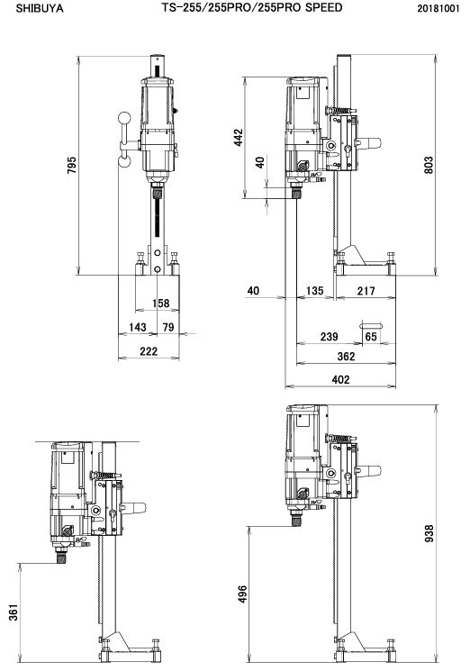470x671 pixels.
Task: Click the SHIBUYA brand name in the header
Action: click(40, 9)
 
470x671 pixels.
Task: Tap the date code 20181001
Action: click(438, 9)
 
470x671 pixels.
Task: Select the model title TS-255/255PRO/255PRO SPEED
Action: click(252, 8)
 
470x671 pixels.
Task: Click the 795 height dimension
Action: click(72, 165)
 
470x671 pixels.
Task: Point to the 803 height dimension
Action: click(429, 165)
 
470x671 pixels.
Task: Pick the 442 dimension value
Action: click(239, 138)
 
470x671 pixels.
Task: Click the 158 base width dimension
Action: click(161, 303)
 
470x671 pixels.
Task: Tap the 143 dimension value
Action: click(138, 327)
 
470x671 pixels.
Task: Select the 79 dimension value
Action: click(168, 327)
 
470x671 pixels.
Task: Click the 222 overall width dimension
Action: click(149, 351)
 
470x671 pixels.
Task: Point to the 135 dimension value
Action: click(315, 291)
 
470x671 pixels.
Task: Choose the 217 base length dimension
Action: click(366, 291)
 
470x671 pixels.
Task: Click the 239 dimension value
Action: click(330, 337)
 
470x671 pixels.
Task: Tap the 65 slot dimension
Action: click(371, 337)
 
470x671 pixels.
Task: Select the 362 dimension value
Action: click(346, 357)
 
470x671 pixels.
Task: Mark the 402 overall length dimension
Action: click(341, 379)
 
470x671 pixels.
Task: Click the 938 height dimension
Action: click(429, 533)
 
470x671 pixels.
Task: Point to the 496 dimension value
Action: click(243, 594)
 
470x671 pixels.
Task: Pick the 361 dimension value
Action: click(14, 612)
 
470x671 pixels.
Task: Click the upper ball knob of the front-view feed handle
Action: click(124, 118)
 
